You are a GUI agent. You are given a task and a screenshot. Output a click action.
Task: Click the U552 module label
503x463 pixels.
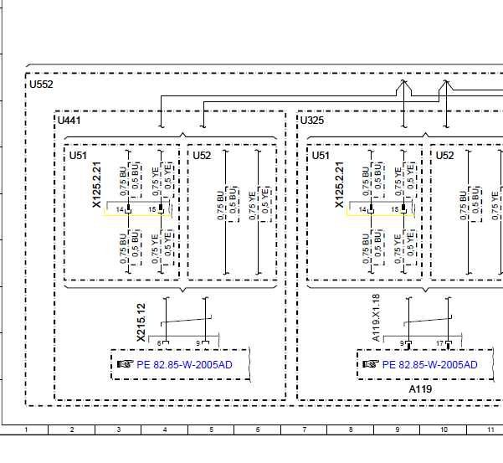(x=41, y=85)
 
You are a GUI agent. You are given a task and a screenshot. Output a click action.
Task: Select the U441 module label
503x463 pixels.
(x=69, y=121)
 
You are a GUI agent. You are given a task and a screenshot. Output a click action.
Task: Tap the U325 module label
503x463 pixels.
(x=312, y=121)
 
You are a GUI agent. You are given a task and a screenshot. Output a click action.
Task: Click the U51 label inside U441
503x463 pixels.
(x=78, y=156)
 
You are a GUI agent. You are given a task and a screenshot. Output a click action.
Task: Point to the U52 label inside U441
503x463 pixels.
(x=202, y=156)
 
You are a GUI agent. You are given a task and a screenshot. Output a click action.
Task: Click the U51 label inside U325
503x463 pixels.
(x=321, y=156)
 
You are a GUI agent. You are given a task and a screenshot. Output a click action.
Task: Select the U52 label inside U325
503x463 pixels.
(x=444, y=156)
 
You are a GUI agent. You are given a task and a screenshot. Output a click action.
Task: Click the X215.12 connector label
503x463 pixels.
(x=141, y=322)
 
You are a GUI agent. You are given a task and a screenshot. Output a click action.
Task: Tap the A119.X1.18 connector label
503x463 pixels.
(x=377, y=317)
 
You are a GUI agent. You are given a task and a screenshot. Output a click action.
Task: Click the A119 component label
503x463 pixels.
(x=420, y=389)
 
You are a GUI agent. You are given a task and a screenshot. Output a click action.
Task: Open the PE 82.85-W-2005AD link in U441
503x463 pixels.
(x=184, y=365)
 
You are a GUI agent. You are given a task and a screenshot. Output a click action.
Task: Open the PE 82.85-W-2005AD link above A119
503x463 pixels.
(x=430, y=365)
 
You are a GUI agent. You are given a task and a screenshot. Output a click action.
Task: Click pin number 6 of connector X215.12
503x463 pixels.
(x=159, y=343)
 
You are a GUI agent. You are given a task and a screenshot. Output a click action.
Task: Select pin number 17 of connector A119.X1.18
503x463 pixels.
(x=439, y=343)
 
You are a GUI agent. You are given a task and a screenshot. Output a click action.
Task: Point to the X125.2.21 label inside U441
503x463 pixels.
(x=96, y=185)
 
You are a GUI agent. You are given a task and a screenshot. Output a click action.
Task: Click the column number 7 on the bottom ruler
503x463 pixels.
(x=304, y=430)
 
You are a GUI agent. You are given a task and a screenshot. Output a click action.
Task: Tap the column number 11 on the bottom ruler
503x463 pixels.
(x=490, y=430)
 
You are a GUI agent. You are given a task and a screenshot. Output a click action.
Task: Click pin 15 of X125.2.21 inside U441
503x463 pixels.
(x=152, y=209)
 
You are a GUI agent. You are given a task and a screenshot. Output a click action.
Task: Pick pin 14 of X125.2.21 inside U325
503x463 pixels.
(x=362, y=209)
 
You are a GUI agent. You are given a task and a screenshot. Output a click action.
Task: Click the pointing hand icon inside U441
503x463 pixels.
(x=126, y=364)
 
